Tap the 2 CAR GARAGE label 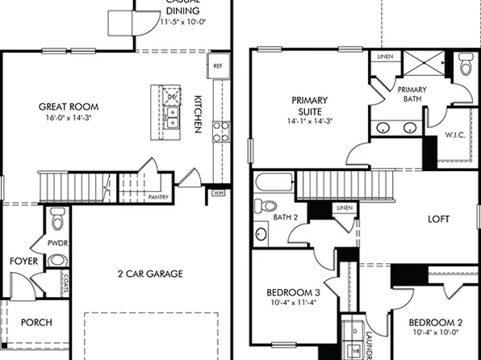(150, 274)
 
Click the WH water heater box (217, 193)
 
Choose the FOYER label (23, 262)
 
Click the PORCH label (36, 322)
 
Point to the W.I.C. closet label (454, 136)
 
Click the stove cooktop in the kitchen (220, 132)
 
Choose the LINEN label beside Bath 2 (345, 208)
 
